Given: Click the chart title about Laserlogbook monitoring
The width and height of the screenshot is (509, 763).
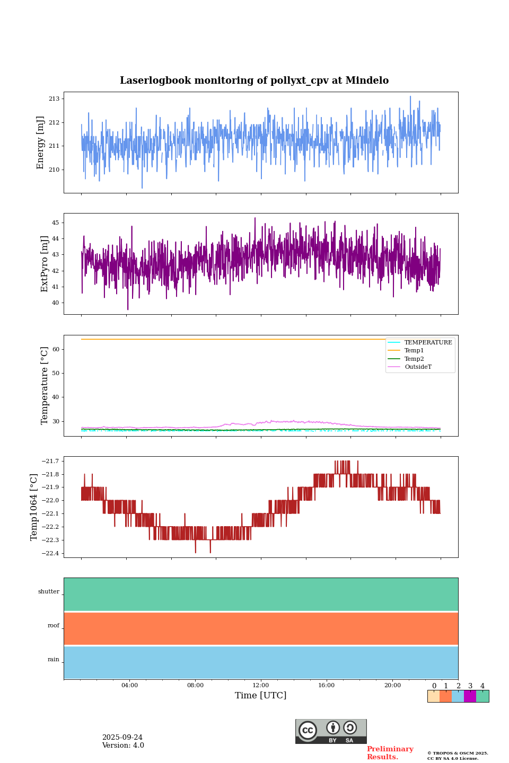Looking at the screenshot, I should pos(254,81).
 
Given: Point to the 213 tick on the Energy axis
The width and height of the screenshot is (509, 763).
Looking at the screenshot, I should pos(54,99).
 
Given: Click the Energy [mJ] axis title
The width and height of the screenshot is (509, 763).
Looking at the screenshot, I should pos(40,143).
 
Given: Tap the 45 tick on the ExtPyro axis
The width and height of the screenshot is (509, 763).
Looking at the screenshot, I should pos(55,223).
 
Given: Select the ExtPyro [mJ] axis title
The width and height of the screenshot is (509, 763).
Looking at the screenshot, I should pos(45,264).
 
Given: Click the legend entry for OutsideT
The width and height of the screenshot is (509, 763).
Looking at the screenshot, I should pos(418,367).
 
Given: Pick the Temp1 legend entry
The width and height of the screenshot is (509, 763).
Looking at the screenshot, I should pos(414,351).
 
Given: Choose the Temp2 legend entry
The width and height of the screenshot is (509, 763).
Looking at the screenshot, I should pos(414,359).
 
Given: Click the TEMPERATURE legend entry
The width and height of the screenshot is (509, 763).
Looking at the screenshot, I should pos(428,343).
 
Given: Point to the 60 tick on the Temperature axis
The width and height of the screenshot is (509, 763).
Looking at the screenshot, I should pos(55,350).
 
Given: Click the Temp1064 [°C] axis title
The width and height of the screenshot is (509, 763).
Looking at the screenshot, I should pos(34,507).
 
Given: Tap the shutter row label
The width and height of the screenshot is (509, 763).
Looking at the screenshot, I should pos(49,592).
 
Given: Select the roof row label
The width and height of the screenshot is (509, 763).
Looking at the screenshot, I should pos(54,626).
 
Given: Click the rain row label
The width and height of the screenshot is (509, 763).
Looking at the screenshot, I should pos(54,660).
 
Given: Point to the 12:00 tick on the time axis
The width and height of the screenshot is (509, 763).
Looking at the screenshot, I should pos(261,686).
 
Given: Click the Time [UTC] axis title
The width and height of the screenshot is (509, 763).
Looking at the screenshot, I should pos(261,696).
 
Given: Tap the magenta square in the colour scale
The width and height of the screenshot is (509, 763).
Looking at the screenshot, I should pos(470,696).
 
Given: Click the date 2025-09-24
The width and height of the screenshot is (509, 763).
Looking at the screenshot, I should pos(122,738).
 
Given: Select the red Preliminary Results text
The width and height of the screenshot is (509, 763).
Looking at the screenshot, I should pos(390,753).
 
